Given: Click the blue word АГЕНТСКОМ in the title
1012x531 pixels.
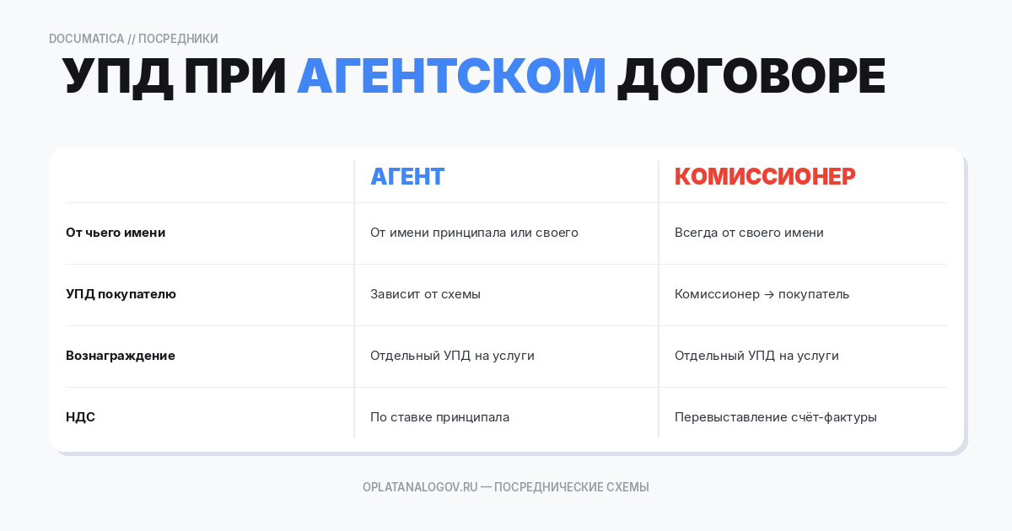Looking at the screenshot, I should click(451, 76).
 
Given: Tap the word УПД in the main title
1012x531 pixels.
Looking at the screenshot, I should click(118, 76).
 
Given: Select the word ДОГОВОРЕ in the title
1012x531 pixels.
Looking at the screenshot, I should click(751, 76).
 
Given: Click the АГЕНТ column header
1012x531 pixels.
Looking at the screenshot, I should click(407, 176).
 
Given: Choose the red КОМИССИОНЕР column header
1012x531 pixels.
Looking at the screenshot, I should click(765, 176).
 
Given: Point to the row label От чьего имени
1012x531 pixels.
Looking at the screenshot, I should click(116, 233).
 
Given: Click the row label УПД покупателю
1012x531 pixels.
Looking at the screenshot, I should click(121, 294).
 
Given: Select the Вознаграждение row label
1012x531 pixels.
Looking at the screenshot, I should click(121, 356).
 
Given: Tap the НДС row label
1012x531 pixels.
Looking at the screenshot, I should click(80, 417).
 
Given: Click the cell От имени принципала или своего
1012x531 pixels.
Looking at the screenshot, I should click(474, 233).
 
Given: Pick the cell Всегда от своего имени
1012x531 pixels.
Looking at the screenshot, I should click(749, 233).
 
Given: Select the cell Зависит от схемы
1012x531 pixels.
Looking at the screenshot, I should click(425, 294).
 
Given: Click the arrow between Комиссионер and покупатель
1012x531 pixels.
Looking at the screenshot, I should click(768, 294).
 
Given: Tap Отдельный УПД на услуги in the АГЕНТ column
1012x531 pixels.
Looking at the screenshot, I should click(452, 356).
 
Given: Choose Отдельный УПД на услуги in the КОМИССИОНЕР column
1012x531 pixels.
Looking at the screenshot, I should click(756, 356).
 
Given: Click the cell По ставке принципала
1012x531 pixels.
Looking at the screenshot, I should click(439, 417).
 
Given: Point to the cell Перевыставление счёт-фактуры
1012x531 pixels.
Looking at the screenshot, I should click(775, 417).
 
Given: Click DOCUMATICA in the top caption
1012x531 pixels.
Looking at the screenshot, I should click(86, 39).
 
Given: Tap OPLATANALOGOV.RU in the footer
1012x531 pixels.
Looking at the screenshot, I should click(420, 487).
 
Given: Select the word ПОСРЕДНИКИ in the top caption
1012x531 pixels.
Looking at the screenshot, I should click(178, 39).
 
